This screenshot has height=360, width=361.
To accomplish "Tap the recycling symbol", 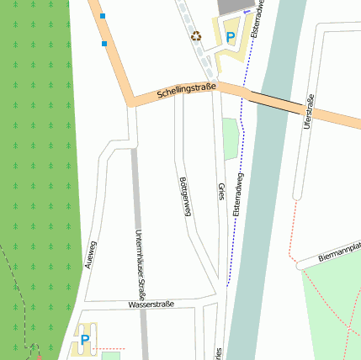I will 196,36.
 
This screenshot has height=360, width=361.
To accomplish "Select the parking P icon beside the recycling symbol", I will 230,37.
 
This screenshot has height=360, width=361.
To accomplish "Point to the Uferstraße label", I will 309,112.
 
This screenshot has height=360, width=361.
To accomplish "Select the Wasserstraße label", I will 151,304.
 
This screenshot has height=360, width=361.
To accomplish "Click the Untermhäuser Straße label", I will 140,265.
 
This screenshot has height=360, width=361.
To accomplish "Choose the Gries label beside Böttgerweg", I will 221,192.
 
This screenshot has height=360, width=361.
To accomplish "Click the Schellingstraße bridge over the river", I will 274,103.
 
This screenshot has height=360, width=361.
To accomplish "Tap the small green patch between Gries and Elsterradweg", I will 231,139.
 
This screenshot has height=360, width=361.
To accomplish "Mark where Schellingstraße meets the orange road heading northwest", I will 132,103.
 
